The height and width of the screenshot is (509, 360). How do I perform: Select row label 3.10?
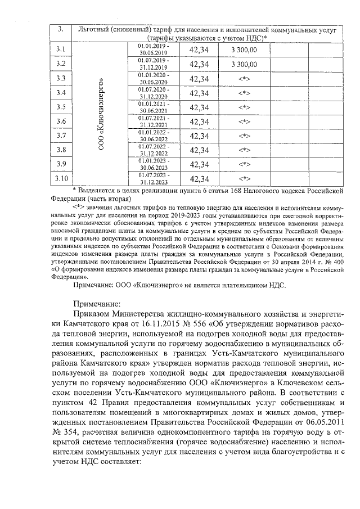(x=62, y=179)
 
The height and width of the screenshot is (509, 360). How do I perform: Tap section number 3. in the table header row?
(x=62, y=29)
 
